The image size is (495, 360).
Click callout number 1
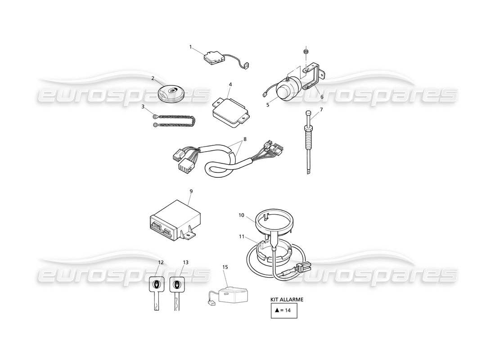click(190, 46)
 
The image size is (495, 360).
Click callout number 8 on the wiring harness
click(245, 139)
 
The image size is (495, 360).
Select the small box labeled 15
click(232, 295)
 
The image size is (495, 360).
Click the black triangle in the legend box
click(277, 310)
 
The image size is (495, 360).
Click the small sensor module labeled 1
click(212, 58)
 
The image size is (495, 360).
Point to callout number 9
click(191, 191)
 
